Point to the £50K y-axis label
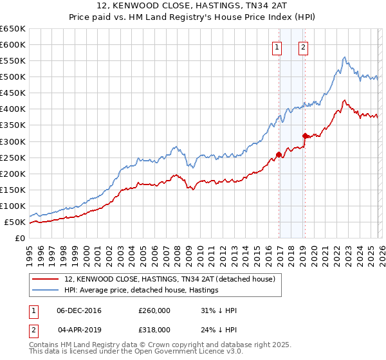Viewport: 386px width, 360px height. click(15, 222)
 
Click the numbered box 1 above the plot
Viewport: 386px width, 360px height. click(277, 46)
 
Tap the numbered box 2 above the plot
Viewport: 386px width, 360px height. click(302, 46)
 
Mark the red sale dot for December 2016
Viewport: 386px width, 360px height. click(279, 154)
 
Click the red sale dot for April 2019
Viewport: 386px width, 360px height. click(305, 136)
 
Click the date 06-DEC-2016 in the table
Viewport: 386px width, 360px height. click(79, 310)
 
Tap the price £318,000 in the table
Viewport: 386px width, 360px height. click(159, 329)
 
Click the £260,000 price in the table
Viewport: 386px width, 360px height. click(159, 310)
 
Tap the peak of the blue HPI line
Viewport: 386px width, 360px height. click(345, 57)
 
